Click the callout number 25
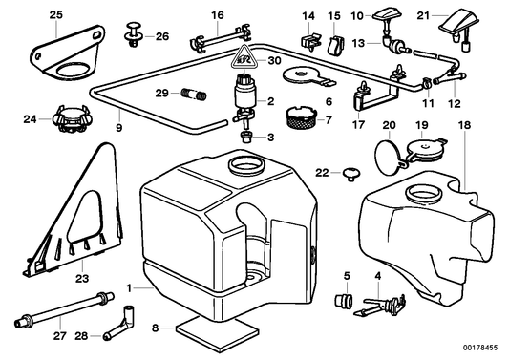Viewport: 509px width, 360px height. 55,13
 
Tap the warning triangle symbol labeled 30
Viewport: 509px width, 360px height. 245,57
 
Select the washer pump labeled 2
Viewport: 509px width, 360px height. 245,99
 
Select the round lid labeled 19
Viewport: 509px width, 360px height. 420,149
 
